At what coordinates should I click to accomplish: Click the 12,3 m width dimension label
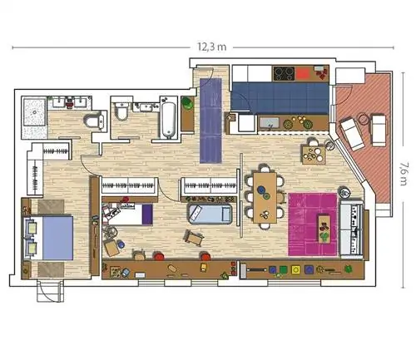[211, 47]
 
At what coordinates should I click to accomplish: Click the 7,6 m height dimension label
[404, 174]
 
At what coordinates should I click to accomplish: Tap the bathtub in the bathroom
[169, 120]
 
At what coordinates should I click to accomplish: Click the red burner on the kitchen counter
[304, 74]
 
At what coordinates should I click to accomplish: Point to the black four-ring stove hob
[284, 74]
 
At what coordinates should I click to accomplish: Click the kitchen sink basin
[269, 123]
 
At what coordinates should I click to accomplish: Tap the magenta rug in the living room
[313, 224]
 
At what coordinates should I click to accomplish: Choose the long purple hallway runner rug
[211, 121]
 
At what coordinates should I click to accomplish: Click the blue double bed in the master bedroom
[48, 238]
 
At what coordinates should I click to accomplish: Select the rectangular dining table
[265, 198]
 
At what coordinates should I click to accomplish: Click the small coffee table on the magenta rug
[324, 229]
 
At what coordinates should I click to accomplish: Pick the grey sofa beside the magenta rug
[351, 229]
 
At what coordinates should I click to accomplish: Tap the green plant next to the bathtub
[187, 103]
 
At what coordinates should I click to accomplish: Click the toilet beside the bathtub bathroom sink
[121, 111]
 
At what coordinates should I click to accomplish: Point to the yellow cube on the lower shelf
[295, 269]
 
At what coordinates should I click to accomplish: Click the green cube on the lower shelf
[283, 269]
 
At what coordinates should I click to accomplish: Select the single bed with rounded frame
[210, 214]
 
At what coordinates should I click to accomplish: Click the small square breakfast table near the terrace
[314, 155]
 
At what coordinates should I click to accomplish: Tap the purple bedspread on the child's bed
[147, 215]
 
